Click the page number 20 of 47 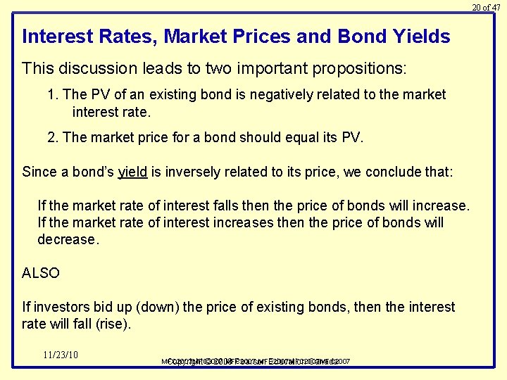click(x=486, y=7)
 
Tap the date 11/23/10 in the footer click(x=61, y=355)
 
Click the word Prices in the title click(x=254, y=37)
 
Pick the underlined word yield click(x=132, y=172)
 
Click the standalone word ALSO click(x=41, y=273)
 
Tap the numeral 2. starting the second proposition click(x=54, y=137)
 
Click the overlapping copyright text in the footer click(x=256, y=362)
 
